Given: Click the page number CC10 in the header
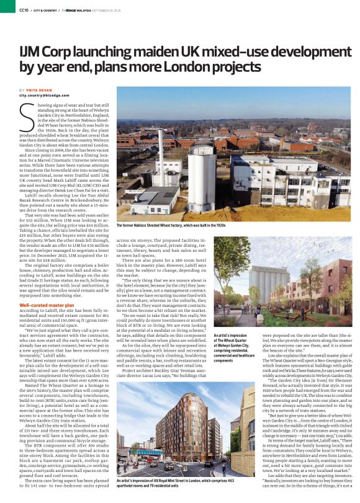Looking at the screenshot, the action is tap(24, 10).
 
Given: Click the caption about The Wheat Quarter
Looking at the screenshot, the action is tap(231, 347).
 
